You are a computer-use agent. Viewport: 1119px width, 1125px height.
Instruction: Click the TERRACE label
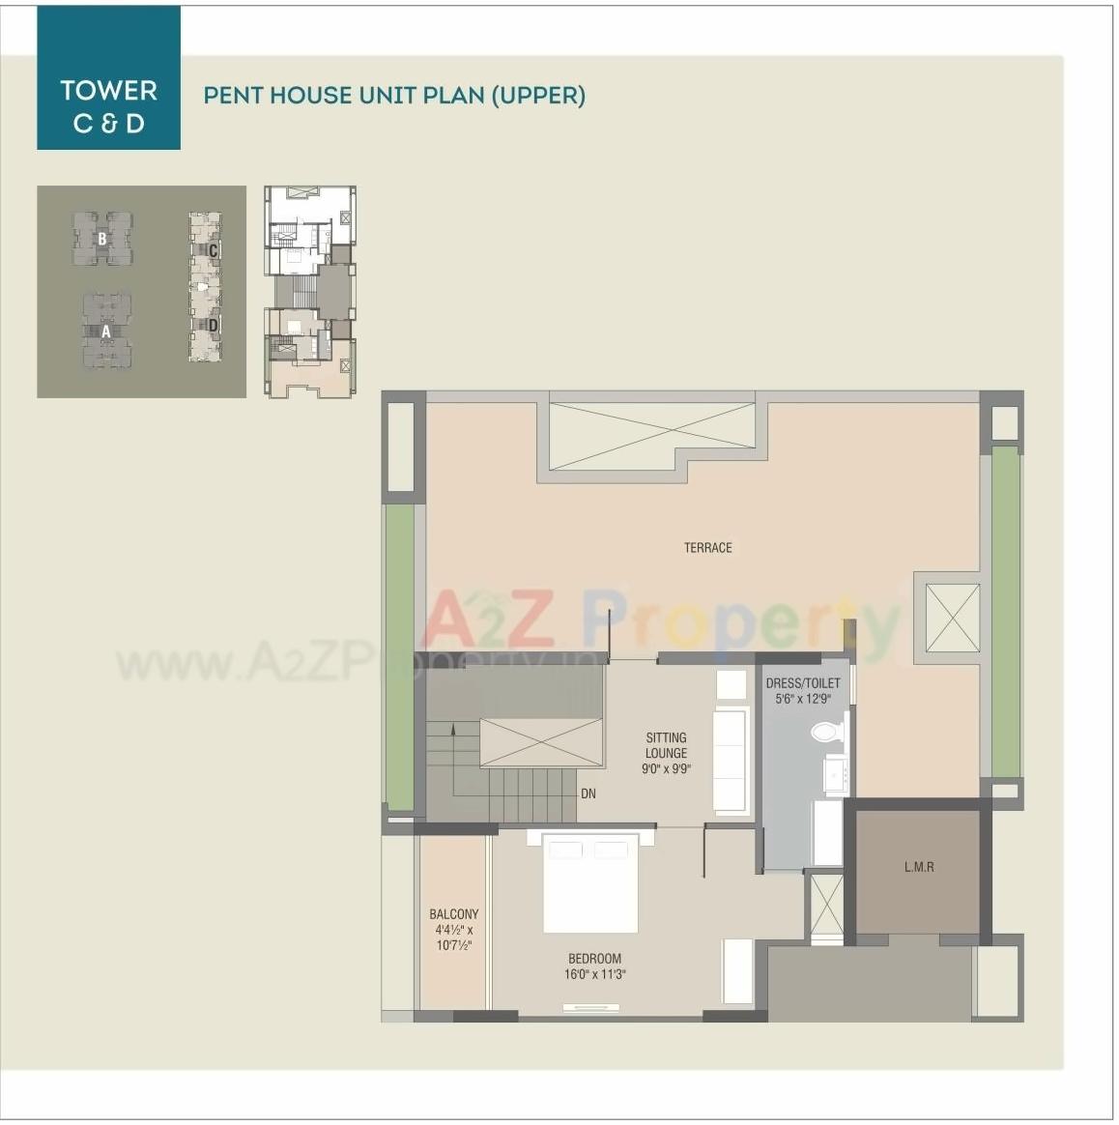[x=707, y=548]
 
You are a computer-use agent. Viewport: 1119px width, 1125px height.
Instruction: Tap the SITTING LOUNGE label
[x=666, y=745]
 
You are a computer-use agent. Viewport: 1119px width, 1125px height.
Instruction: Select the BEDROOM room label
[x=594, y=959]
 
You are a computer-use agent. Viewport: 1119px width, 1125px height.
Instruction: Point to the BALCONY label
[x=453, y=914]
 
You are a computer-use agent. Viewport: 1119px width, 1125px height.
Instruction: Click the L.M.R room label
[x=919, y=867]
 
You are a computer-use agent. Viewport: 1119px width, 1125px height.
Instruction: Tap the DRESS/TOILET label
[x=803, y=683]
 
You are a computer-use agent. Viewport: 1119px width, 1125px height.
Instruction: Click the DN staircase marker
[x=588, y=794]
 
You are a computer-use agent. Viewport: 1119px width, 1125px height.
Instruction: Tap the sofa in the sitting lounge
[x=731, y=761]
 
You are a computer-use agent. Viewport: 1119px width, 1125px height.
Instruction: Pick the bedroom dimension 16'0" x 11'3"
[x=596, y=974]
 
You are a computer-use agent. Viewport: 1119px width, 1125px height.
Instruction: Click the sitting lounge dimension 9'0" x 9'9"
[x=666, y=769]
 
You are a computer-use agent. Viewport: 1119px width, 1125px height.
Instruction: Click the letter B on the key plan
[x=102, y=238]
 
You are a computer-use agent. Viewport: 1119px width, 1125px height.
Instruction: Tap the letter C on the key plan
[x=213, y=251]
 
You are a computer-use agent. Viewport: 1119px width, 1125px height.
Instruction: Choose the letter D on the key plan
[x=213, y=326]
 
